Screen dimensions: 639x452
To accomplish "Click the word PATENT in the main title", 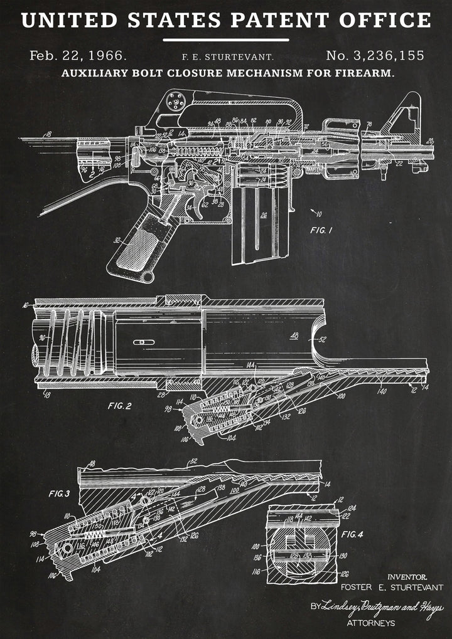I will point(280,20).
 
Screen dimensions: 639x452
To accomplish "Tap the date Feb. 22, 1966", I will point(78,55).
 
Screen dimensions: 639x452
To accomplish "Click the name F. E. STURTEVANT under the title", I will point(227,57).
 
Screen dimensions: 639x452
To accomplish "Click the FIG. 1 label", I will point(321,230).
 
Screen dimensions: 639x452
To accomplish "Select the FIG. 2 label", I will point(119,406).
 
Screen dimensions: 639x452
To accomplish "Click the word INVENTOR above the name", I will point(407,576).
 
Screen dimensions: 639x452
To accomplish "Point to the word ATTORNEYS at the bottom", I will point(370,623).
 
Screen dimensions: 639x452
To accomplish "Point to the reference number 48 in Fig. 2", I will point(294,335).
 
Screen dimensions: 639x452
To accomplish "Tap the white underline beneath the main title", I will point(226,40).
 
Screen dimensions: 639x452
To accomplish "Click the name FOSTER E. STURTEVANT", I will point(392,588).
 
